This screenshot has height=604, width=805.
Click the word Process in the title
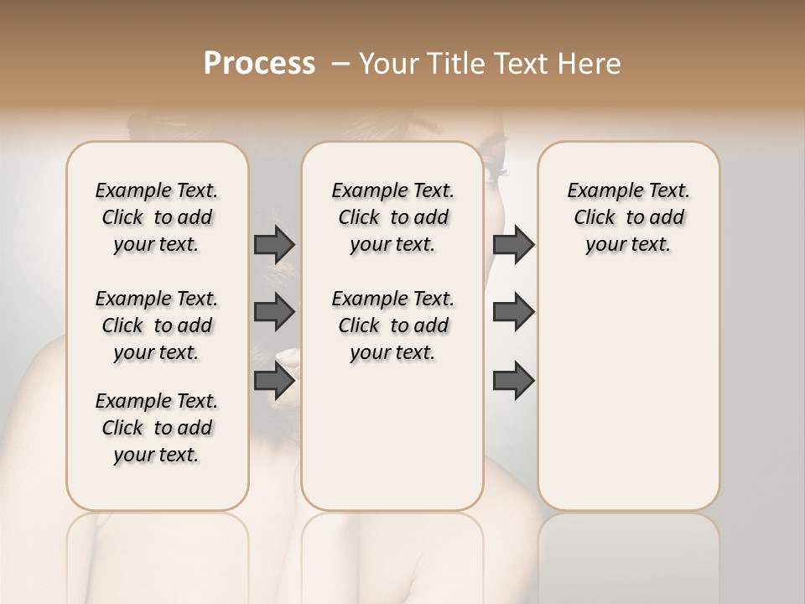(259, 64)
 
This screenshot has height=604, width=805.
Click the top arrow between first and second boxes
(274, 244)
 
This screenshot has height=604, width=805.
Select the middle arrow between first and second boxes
(274, 312)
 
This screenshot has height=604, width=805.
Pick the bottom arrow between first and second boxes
(274, 381)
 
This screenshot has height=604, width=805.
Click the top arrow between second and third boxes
(513, 244)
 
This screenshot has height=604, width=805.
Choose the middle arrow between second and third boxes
(513, 312)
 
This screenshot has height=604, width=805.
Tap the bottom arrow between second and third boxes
(513, 381)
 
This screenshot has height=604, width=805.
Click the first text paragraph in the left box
(157, 217)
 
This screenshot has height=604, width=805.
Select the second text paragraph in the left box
(157, 325)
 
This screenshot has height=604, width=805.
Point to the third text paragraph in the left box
(157, 428)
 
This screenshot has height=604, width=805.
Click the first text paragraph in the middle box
(392, 217)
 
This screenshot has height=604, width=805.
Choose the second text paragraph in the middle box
(392, 325)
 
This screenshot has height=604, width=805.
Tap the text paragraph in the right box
(628, 217)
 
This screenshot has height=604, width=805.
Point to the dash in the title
(340, 64)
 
